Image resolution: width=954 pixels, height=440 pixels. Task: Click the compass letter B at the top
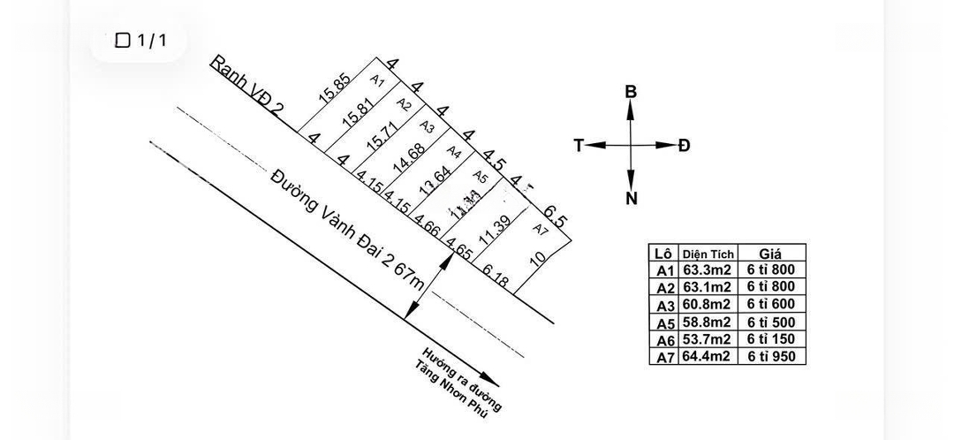point(631,92)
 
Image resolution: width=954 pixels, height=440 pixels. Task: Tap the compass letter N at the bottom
point(631,199)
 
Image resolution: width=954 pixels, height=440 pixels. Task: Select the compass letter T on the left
point(579,146)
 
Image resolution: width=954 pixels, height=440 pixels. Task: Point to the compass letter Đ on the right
point(685,146)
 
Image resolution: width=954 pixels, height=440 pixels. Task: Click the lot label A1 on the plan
point(377,81)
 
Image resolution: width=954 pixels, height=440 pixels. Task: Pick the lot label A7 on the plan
point(541,230)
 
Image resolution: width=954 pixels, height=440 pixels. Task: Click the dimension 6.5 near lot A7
point(556,215)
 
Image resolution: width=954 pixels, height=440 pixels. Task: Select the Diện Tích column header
point(708,254)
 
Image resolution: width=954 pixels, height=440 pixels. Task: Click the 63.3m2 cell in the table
point(707,270)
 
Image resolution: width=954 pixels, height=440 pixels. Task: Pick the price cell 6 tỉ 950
point(771,357)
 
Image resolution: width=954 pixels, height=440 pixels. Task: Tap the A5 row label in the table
point(664,322)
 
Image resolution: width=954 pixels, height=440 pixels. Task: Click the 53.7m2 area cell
point(707,339)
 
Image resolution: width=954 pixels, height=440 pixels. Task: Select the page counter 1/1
point(140,40)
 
